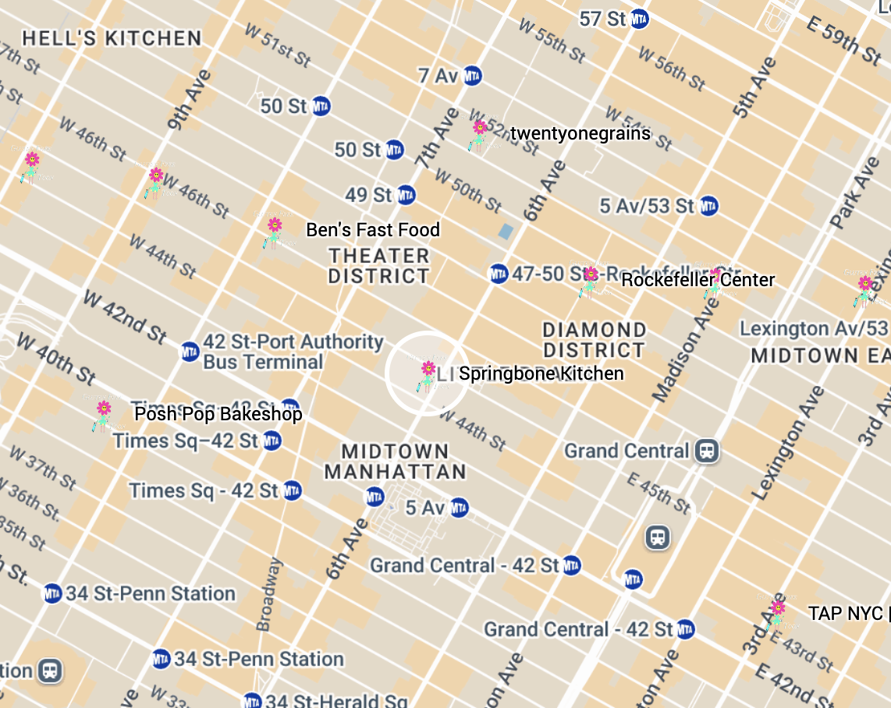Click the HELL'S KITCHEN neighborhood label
point(112,38)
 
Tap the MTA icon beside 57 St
point(640,19)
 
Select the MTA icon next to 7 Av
point(472,76)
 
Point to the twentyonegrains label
point(580,133)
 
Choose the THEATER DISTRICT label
point(379,266)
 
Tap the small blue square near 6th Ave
point(506,231)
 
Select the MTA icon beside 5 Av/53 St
point(708,207)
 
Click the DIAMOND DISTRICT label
point(595,339)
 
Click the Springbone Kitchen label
point(541,373)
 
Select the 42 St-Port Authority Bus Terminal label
point(293,352)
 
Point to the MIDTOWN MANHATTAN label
point(395,462)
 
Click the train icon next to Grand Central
point(708,451)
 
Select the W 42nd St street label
point(125,317)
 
